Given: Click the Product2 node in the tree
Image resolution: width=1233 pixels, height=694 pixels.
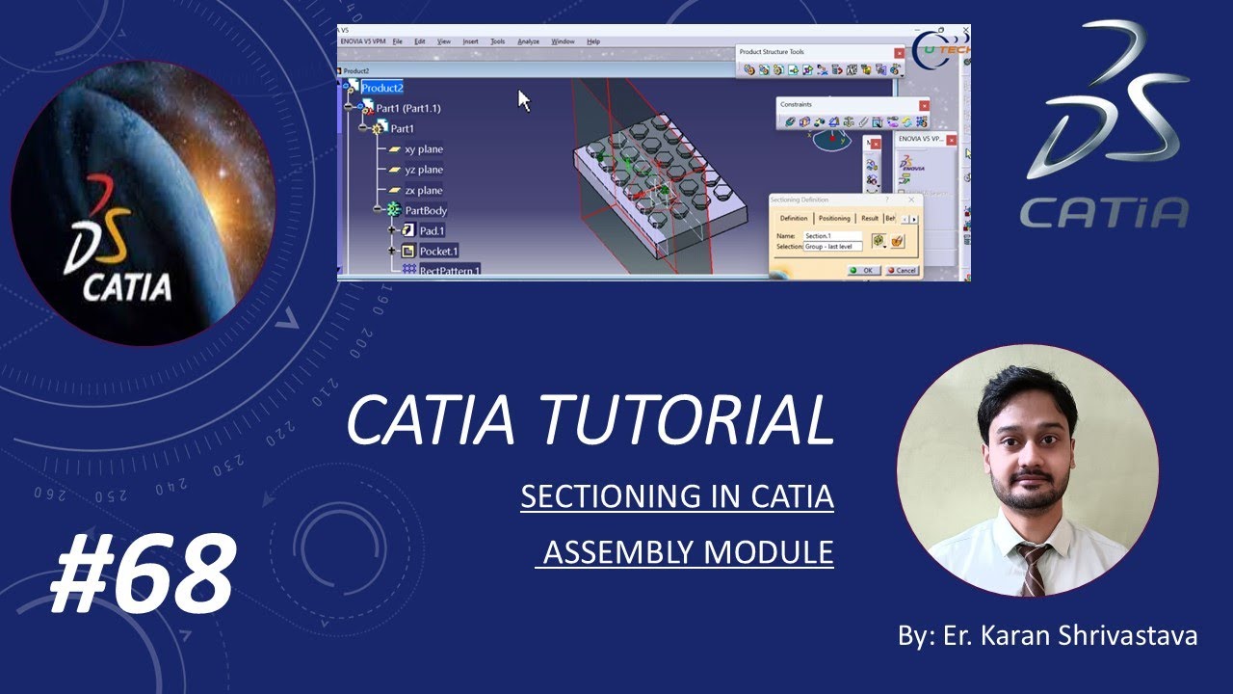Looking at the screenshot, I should coord(382,88).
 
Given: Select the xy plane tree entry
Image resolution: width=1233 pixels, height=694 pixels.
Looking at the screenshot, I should coord(423,149).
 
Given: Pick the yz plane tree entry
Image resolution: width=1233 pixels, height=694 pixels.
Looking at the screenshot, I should coord(423,170).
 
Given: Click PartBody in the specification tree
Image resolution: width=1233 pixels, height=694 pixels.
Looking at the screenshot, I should coord(425,210).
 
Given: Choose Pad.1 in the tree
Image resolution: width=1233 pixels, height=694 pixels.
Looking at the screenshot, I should coord(431,230).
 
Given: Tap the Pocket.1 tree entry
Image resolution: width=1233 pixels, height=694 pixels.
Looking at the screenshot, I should coord(438,251).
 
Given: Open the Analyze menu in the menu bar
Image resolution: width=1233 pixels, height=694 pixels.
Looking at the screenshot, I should coord(528,41).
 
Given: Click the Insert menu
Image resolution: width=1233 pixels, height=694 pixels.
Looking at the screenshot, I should coord(470,41).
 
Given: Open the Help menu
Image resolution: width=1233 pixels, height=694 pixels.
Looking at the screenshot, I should coord(593,41).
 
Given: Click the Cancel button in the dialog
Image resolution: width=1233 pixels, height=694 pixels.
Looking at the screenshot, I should coord(902,270).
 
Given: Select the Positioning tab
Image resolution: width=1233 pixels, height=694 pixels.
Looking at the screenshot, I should coord(834,219).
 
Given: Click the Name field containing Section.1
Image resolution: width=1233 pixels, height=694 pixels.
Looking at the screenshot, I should coord(833,236).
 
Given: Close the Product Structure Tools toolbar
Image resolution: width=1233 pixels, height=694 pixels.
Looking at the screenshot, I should coord(899,53).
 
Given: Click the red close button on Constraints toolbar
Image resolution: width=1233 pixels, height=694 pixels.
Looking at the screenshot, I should coord(923,105).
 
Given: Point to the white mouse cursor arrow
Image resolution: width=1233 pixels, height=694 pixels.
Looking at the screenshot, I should coord(523,99).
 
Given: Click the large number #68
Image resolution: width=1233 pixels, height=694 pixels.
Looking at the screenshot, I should coord(142,574).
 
